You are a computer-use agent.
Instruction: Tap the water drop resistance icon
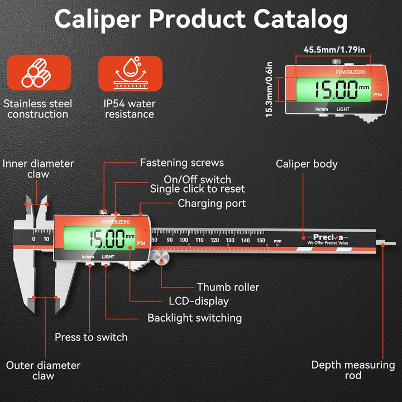(x=130, y=73)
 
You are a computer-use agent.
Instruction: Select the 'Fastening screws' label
(x=182, y=163)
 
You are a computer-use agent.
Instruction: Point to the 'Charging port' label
(x=212, y=204)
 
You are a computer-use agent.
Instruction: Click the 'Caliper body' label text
(x=307, y=164)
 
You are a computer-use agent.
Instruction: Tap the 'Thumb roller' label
(x=228, y=287)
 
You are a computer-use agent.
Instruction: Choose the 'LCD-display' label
(x=198, y=301)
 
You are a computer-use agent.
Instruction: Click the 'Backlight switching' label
(x=195, y=318)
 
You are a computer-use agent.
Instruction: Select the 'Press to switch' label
(x=91, y=337)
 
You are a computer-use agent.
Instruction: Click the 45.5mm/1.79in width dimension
(x=334, y=50)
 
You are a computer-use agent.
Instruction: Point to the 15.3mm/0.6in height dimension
(x=269, y=89)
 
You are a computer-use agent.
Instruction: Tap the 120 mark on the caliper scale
(x=214, y=240)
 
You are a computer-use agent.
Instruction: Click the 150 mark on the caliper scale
(x=261, y=240)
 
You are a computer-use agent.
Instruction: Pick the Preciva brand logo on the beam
(x=328, y=239)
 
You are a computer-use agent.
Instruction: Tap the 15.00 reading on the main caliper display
(x=107, y=239)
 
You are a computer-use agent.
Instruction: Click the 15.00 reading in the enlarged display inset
(x=336, y=90)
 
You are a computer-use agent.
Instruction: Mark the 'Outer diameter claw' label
(x=43, y=371)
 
